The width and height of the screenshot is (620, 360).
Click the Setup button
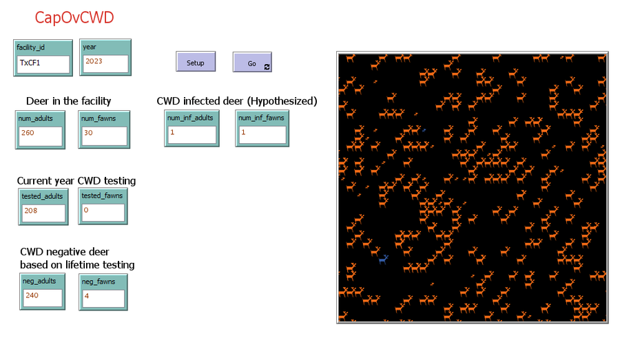coord(196,62)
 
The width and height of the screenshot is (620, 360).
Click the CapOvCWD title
coord(74,18)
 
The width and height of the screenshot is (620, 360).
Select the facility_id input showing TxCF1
coord(43,64)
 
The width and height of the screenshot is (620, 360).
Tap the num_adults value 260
coord(40,135)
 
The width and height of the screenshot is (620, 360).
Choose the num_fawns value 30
coord(103,135)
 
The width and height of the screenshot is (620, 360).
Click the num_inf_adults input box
coord(192,134)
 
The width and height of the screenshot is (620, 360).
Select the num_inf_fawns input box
coord(262,134)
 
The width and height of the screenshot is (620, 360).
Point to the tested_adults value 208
coord(43,213)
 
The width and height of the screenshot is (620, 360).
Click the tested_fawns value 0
coord(103,212)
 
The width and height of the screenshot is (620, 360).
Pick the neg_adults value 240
coord(41,297)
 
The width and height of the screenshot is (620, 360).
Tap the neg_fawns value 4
coord(103,297)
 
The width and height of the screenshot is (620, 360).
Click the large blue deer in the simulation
coord(384,259)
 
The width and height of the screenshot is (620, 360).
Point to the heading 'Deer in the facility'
coord(68,101)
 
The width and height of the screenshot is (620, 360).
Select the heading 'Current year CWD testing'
coord(76,181)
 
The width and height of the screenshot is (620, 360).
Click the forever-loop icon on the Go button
coord(267,66)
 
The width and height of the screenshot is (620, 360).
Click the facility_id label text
coord(30,47)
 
